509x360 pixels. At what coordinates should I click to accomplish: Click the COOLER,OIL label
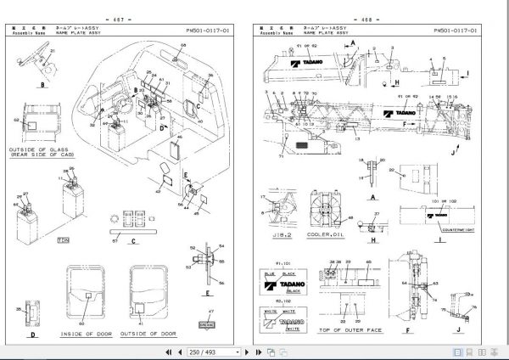pos(328,241)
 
